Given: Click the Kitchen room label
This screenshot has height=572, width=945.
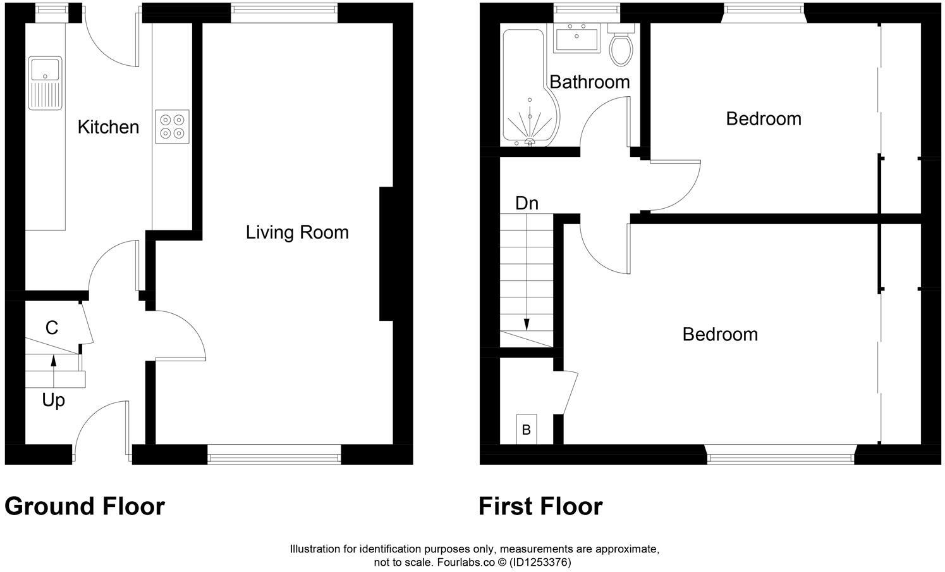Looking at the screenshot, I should pos(108,127).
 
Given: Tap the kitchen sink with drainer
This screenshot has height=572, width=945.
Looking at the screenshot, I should pos(45,83).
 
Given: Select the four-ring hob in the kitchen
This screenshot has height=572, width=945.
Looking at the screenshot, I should pos(172,125).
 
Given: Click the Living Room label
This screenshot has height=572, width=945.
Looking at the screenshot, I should pos(297,232).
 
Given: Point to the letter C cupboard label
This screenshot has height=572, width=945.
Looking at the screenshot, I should pos(52,328).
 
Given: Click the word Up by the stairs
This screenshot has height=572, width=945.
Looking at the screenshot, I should pos(53,401).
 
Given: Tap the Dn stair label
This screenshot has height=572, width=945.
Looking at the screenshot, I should pos(527,203).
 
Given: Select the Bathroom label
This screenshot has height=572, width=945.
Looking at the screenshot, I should pos(589,82).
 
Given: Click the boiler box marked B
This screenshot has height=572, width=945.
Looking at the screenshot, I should pos(526,430).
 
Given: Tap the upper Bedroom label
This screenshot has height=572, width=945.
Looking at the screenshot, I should pos(763,118).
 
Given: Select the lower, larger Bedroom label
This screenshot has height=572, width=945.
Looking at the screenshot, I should pos(720,334).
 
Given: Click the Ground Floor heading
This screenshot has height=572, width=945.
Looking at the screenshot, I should pos(85,506).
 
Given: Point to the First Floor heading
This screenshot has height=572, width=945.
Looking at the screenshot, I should pos(540,506).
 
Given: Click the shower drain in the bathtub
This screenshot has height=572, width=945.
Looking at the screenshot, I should pos(530,142).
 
